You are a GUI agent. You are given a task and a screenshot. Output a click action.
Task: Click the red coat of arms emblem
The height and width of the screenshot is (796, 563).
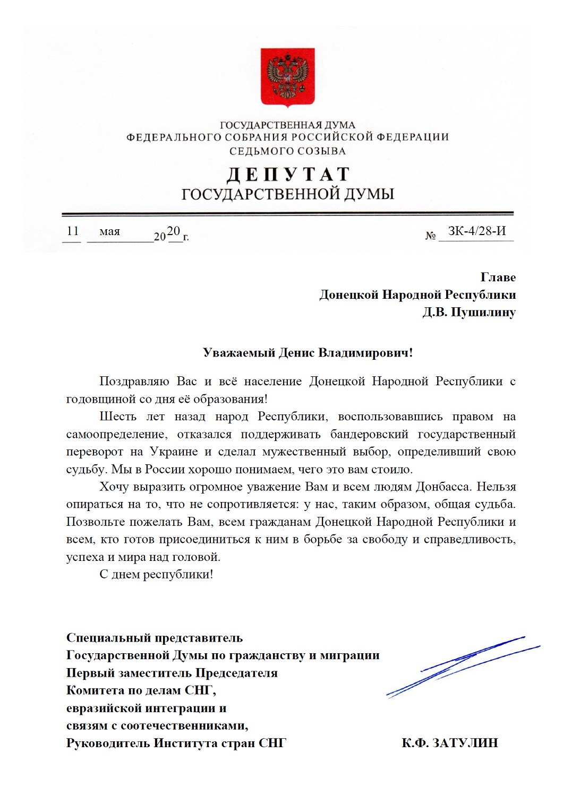tap(287, 76)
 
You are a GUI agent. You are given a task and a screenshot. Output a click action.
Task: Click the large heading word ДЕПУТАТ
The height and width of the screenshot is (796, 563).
tap(287, 174)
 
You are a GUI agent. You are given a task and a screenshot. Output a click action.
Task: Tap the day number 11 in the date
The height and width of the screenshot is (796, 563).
tap(73, 231)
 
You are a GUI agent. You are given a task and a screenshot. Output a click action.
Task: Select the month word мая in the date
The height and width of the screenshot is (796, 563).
tap(109, 231)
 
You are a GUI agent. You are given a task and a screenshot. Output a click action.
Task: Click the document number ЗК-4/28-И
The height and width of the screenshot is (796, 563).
tap(477, 231)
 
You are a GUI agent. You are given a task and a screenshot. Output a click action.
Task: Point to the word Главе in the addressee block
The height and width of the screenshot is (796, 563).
tap(498, 277)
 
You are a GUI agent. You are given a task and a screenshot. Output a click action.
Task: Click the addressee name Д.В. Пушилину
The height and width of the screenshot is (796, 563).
tap(469, 312)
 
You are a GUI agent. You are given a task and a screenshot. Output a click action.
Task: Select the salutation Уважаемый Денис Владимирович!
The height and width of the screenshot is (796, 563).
tap(308, 353)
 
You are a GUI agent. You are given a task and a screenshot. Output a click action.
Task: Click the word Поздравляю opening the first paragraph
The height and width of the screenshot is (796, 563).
tap(134, 382)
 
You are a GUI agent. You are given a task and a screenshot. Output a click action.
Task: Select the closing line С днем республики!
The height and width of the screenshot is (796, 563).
tap(156, 574)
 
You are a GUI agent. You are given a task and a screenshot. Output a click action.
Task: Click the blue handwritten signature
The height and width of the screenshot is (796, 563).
tap(462, 666)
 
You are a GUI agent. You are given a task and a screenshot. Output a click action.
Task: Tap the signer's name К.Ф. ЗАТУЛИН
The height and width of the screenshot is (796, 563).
tap(450, 743)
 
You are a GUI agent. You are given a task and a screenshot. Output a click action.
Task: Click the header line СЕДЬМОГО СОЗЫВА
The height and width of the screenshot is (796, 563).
tap(287, 151)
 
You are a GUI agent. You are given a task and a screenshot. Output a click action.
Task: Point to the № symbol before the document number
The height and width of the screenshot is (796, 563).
tap(430, 236)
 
